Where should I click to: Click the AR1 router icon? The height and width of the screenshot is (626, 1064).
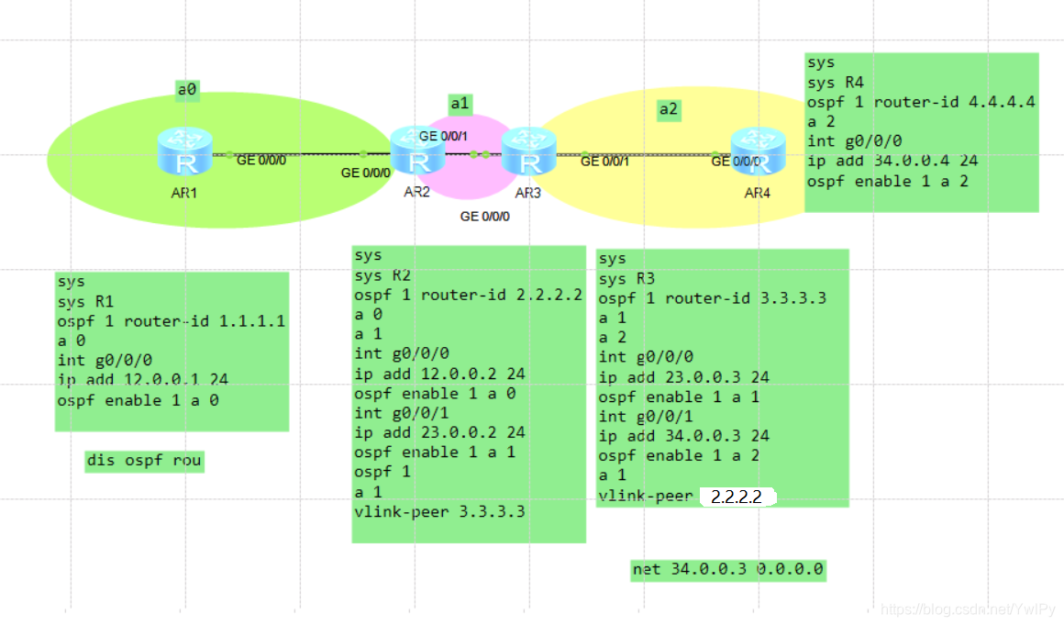point(184,152)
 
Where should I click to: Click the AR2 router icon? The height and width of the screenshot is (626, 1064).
point(417,152)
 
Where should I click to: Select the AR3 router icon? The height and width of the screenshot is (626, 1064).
point(528,152)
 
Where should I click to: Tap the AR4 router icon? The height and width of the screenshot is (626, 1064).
point(759,152)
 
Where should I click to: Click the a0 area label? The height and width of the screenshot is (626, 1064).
point(187,89)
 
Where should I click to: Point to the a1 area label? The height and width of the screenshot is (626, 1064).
point(460,104)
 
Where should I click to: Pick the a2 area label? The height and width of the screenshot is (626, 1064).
point(669,110)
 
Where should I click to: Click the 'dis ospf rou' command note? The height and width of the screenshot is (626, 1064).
point(144,461)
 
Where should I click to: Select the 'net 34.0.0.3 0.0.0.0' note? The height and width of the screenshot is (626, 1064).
point(728,570)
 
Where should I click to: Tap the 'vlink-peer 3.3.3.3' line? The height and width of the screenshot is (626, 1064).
point(439,511)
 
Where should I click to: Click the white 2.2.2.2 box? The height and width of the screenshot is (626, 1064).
point(737,497)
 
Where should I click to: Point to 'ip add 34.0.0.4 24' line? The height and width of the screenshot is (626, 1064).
point(892,161)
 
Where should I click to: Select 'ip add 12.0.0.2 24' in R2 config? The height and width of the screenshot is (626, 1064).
point(439,374)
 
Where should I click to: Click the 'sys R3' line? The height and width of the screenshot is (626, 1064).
point(626,279)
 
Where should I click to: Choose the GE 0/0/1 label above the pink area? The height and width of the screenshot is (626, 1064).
point(444,136)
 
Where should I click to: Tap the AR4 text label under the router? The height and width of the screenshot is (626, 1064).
point(758,193)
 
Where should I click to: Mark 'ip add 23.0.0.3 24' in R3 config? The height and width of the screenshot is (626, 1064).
point(683,377)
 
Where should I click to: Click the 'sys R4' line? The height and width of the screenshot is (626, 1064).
point(835,83)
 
